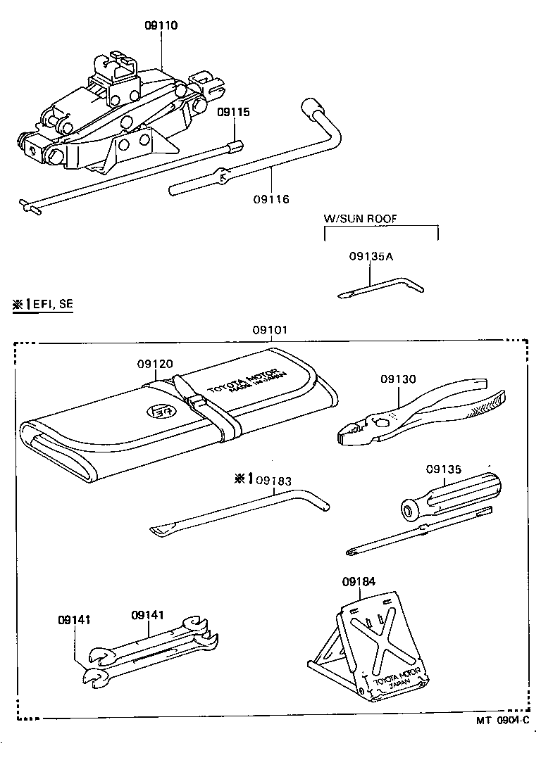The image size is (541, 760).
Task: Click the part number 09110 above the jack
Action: [x=161, y=25]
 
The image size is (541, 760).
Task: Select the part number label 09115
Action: [x=233, y=112]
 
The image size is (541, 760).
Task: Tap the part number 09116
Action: [x=271, y=199]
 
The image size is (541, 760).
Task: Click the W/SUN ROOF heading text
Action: [x=360, y=219]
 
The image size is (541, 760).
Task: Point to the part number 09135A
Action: [x=371, y=258]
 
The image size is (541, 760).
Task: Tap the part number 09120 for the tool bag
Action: [x=155, y=364]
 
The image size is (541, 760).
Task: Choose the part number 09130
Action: [x=399, y=379]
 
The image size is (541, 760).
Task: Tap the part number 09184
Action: [x=359, y=582]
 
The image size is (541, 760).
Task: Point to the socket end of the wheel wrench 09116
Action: [x=310, y=107]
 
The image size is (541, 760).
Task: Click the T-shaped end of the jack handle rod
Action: [x=29, y=205]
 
